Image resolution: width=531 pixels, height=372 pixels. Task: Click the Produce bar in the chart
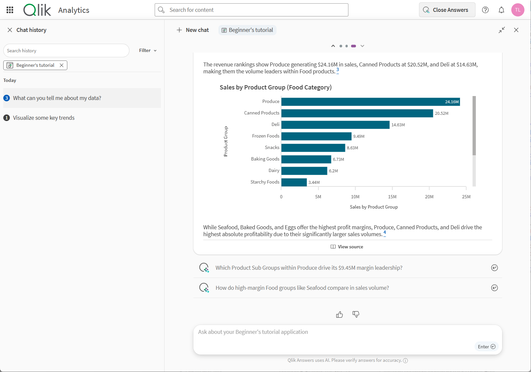[370, 102]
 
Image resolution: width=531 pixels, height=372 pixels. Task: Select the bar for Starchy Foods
[294, 182]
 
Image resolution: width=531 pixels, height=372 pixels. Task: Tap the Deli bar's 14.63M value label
[398, 125]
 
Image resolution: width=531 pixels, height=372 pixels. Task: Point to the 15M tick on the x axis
[392, 197]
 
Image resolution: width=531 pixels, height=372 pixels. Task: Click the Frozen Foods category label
[265, 136]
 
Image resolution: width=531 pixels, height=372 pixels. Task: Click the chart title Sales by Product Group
[276, 87]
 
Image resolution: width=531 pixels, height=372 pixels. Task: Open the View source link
[347, 247]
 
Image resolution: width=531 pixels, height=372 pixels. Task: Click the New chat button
[193, 30]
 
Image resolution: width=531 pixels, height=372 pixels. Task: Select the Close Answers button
[447, 10]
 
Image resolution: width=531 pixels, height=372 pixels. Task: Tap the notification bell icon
[501, 10]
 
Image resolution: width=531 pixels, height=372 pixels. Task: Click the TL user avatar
[518, 10]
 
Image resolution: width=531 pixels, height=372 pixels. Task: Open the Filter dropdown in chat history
[148, 50]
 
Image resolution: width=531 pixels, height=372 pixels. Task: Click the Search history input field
[66, 51]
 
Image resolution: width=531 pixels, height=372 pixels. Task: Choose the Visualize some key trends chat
[44, 118]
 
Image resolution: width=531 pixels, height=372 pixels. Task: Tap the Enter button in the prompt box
[486, 347]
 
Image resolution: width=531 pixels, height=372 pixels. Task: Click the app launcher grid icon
[10, 10]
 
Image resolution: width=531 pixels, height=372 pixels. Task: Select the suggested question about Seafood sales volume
[302, 288]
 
